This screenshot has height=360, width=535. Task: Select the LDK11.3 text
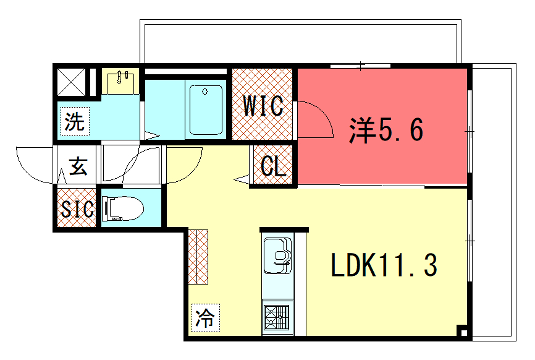coord(384,266)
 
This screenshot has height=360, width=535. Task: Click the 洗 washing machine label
coord(75,123)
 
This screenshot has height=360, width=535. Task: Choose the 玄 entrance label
coord(77,168)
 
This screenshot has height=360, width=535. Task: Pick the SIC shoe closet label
coord(77,209)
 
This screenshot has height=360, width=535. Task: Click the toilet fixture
coord(126,208)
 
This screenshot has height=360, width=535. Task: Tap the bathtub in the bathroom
coord(205,111)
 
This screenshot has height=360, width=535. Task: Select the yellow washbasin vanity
coord(121,80)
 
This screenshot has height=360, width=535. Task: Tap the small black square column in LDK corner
coord(462,331)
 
